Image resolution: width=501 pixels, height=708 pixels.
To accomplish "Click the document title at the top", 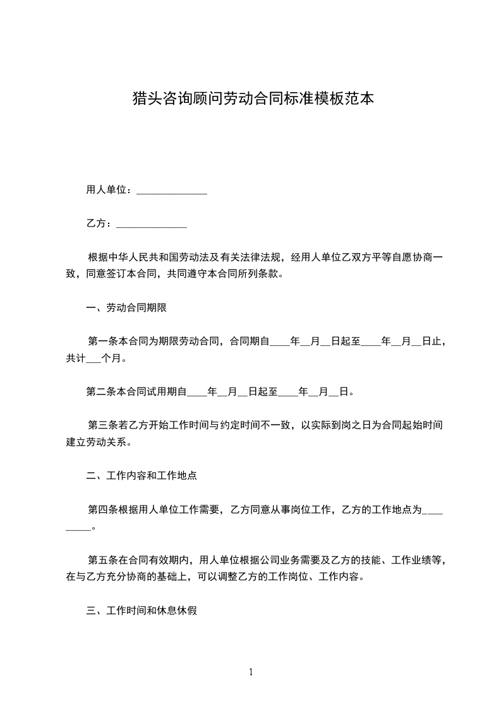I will [250, 99].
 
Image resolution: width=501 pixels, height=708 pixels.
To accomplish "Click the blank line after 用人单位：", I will [172, 191].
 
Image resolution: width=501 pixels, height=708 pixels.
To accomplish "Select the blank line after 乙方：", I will [152, 225].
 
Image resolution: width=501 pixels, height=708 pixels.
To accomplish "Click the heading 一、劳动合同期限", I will [126, 308].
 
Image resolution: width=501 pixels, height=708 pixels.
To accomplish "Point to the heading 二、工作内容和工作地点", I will [142, 476].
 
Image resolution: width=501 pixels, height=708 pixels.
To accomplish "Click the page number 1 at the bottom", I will [251, 672].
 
